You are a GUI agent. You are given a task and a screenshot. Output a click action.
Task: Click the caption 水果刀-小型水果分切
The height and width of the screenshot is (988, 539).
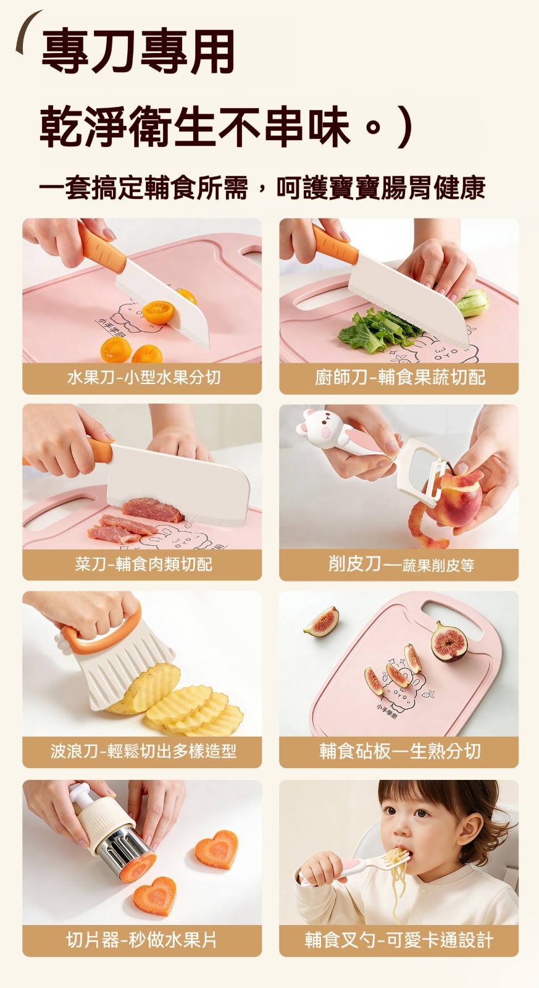[x=144, y=377]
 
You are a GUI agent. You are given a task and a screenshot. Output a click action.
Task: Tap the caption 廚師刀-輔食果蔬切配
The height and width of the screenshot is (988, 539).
[x=400, y=377]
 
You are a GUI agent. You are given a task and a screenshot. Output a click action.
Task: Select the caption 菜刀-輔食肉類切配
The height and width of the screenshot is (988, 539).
[x=144, y=564]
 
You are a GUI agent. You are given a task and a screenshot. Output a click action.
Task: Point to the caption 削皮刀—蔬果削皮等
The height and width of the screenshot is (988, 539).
[x=401, y=564]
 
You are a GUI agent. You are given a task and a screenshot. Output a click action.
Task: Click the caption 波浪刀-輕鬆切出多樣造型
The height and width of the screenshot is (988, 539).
[x=144, y=751]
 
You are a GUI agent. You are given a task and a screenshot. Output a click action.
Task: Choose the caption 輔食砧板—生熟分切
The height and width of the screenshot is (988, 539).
[x=400, y=751]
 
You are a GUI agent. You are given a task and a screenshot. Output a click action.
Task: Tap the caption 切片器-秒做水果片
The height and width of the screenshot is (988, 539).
[x=142, y=940]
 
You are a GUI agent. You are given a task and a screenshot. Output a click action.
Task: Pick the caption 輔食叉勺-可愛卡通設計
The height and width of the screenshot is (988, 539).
[x=399, y=940]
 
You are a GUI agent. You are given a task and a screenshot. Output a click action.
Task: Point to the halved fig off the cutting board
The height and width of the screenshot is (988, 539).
[x=322, y=621]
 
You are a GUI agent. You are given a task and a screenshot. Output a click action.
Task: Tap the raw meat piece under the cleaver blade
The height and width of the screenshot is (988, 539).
[x=153, y=508]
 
